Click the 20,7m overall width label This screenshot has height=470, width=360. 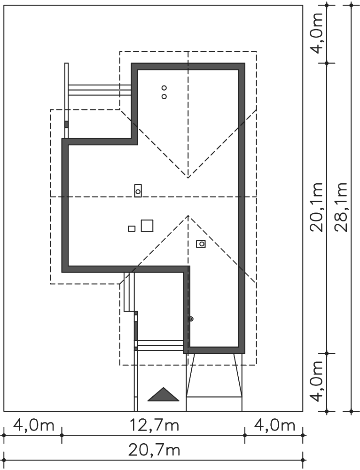click(154, 450)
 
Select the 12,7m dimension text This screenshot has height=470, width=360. click(154, 425)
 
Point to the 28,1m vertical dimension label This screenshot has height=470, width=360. click(341, 207)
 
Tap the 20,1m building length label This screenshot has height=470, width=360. click(316, 207)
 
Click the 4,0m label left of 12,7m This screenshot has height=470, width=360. click(33, 425)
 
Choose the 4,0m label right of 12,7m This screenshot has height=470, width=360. click(274, 425)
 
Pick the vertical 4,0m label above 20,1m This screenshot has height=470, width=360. click(317, 33)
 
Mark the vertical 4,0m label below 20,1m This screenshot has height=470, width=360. click(317, 381)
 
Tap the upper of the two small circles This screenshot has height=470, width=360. click(164, 88)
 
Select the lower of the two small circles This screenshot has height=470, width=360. click(164, 96)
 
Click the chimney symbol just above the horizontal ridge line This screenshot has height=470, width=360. click(138, 191)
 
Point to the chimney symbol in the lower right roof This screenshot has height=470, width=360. click(201, 243)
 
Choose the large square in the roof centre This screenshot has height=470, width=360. click(147, 226)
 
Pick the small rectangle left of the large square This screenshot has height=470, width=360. click(132, 229)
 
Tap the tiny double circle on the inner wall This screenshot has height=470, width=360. click(191, 319)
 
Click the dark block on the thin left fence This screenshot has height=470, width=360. click(66, 124)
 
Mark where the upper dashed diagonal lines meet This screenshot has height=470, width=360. click(188, 178)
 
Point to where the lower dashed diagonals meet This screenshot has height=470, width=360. click(188, 216)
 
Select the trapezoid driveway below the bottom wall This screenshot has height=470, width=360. click(214, 375)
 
